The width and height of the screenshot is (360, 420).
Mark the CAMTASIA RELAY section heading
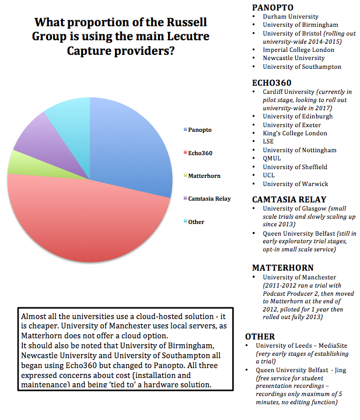tap(289, 199)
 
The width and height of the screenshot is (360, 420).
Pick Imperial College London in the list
tap(298, 50)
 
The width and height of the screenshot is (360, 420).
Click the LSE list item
tap(270, 142)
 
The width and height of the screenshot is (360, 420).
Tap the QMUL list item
tap(272, 159)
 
